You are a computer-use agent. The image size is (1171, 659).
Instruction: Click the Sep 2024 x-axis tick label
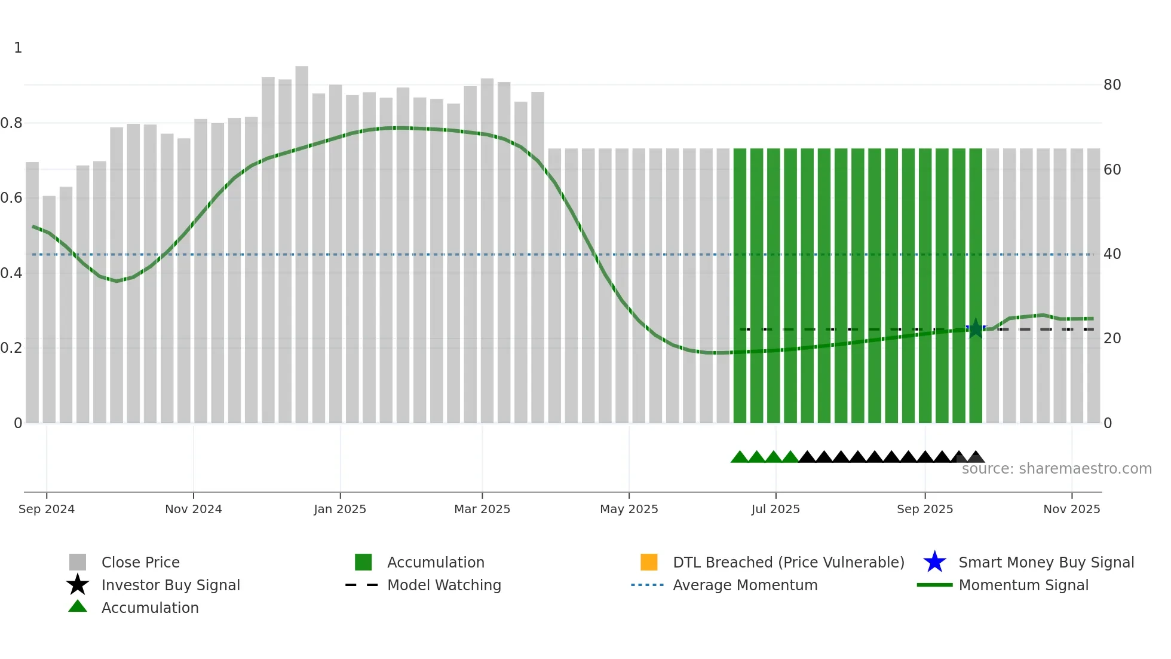[47, 509]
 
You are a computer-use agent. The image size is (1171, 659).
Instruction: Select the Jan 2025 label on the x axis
[340, 509]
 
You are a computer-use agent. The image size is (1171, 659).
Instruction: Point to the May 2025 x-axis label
[629, 509]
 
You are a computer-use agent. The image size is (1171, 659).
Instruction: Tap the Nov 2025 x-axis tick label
[1071, 509]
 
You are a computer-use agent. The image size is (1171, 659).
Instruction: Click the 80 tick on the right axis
[1112, 85]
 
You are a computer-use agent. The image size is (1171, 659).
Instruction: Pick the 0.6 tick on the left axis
[11, 198]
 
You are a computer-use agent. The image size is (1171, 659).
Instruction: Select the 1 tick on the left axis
[18, 48]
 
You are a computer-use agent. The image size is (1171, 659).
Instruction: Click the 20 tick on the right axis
[1112, 338]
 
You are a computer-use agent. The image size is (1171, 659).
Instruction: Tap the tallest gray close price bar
[302, 239]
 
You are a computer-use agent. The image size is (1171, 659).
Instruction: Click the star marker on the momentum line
[976, 328]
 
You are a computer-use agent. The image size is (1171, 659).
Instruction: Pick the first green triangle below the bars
[740, 457]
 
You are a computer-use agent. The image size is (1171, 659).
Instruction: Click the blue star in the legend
[934, 562]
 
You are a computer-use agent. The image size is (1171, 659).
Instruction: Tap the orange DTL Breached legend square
[649, 562]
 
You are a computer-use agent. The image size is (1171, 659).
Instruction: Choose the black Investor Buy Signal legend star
[78, 585]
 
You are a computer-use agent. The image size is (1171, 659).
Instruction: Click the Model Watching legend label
[444, 585]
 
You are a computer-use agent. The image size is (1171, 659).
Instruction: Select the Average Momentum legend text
[745, 585]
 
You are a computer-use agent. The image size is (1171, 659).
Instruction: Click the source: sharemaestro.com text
[1056, 469]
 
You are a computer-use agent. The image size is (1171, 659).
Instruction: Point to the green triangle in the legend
[78, 606]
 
